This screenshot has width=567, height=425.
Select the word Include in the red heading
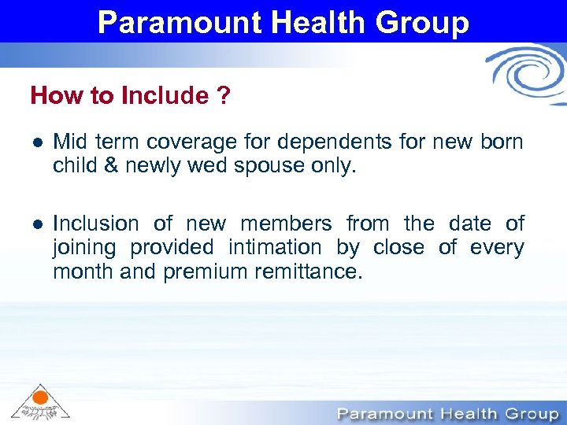pos(164,96)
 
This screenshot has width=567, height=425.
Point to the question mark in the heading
pos(224,96)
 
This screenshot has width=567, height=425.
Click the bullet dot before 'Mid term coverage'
pos(36,143)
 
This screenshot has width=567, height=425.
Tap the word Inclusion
pos(97,224)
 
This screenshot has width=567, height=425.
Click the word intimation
pos(275,248)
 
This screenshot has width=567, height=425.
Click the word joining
pos(84,248)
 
